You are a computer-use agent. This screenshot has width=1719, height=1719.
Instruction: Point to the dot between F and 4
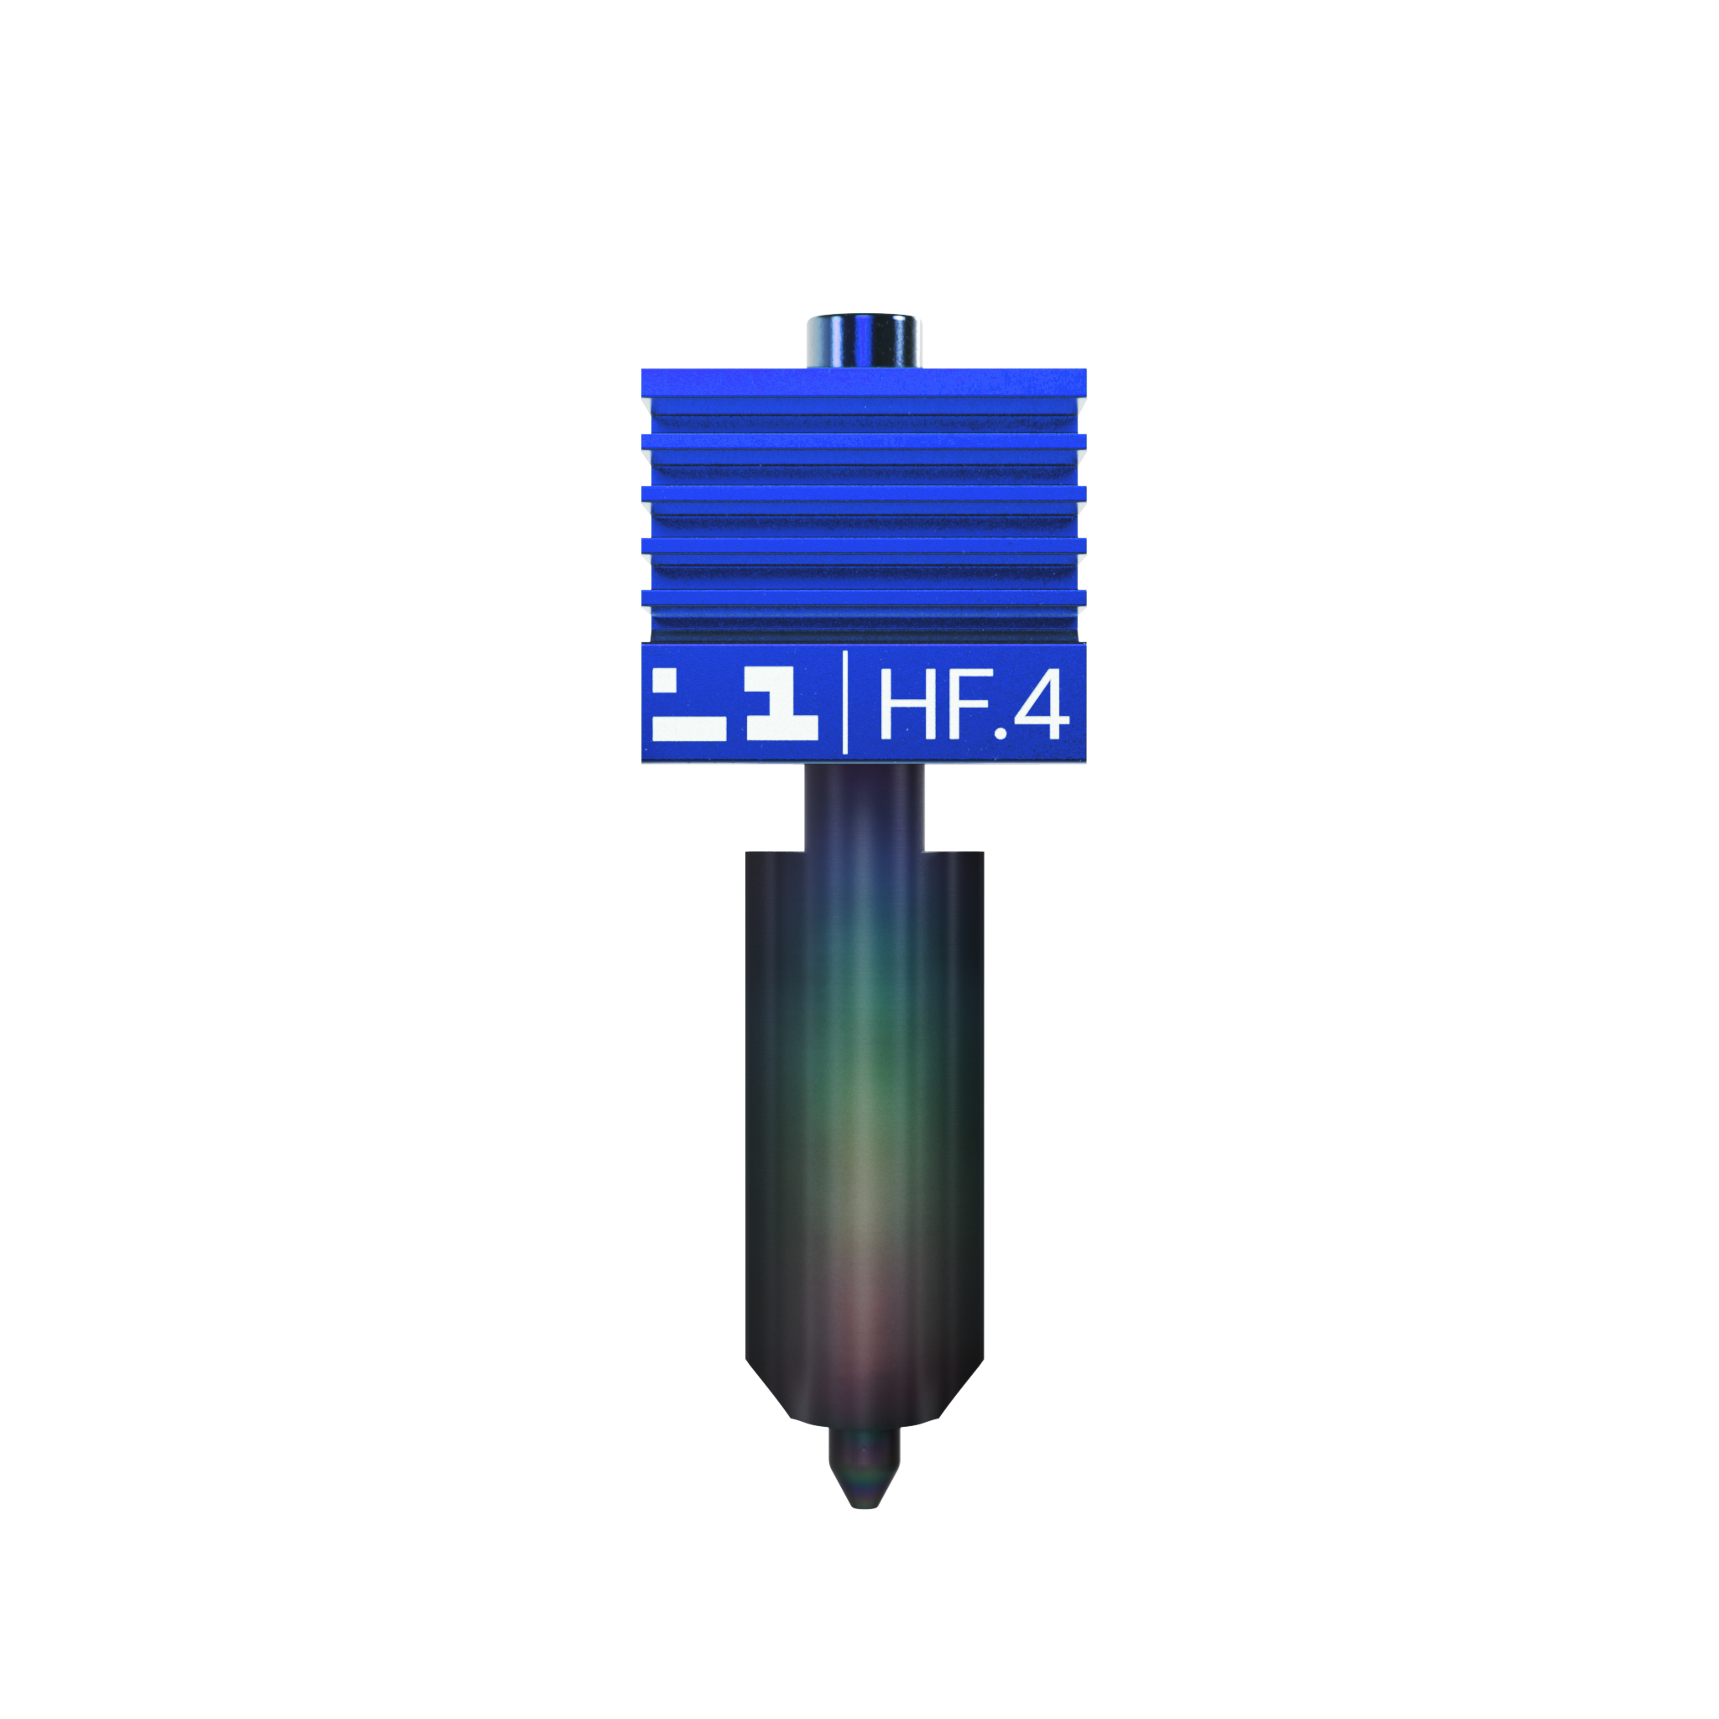[x=1001, y=733]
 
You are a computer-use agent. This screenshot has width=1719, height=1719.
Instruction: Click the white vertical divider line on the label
[x=844, y=702]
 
